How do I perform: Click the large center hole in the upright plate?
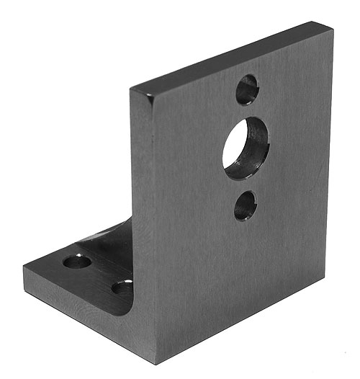click(x=246, y=148)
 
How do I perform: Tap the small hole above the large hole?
click(x=247, y=89)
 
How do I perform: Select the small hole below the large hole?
click(x=245, y=206)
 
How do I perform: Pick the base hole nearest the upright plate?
click(x=122, y=288)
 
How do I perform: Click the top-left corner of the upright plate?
click(x=132, y=89)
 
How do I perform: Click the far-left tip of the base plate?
click(x=24, y=267)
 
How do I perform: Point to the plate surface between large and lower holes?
click(x=245, y=184)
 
